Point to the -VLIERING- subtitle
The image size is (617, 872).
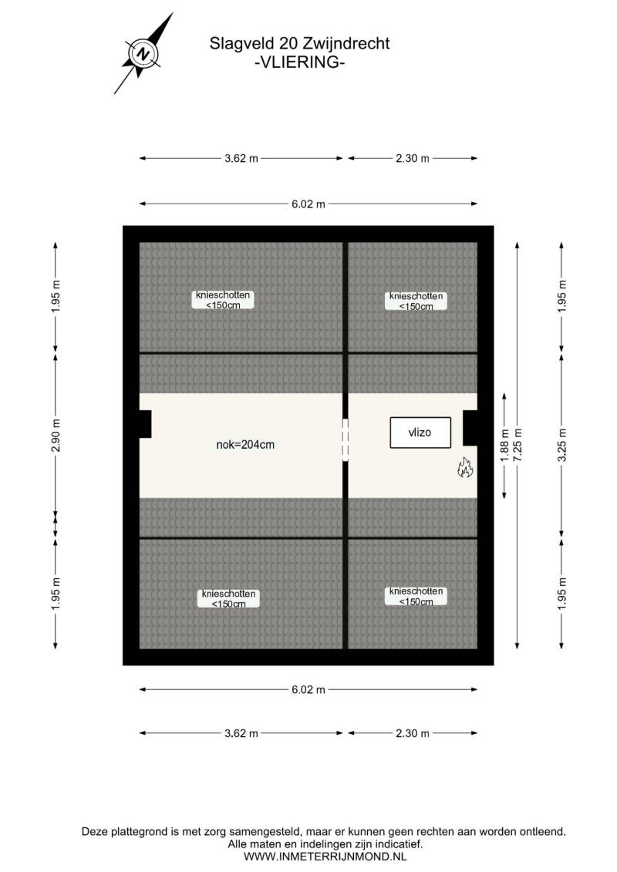299,62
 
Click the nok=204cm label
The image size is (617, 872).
245,444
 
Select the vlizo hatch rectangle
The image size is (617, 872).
420,432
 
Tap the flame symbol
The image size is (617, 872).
465,468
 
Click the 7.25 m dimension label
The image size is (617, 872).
518,446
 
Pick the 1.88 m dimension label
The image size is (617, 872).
504,446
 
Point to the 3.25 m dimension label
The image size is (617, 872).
562,446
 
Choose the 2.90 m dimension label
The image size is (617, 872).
56,434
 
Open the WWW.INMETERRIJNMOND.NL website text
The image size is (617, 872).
325,857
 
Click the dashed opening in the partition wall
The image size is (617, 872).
346,439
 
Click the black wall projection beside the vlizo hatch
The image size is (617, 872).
470,428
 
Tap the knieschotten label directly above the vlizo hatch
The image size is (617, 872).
416,301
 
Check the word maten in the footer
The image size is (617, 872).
261,844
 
